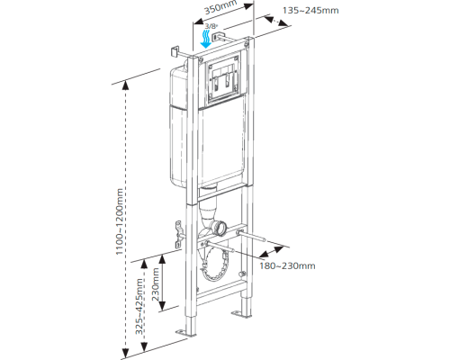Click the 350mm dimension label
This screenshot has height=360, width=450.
(220, 7)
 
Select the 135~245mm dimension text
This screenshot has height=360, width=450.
(310, 11)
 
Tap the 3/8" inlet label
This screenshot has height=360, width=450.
(211, 26)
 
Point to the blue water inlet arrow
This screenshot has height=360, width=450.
(206, 39)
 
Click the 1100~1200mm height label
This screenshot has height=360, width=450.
(120, 221)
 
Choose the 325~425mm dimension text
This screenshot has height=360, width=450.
(139, 306)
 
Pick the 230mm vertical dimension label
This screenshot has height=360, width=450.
(156, 284)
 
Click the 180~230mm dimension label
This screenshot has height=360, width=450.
(287, 265)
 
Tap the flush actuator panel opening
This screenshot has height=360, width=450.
(223, 78)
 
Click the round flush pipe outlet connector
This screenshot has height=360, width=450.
(220, 229)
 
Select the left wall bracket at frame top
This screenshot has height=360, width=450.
(175, 51)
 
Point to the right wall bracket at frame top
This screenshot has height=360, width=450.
(217, 36)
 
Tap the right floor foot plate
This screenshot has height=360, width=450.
(240, 314)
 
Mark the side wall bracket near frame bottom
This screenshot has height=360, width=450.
(179, 235)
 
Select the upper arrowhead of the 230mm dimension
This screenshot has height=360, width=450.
(162, 259)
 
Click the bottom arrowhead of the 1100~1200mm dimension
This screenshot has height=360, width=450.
(126, 352)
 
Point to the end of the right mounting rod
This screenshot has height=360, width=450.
(264, 239)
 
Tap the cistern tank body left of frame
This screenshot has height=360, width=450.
(179, 126)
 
